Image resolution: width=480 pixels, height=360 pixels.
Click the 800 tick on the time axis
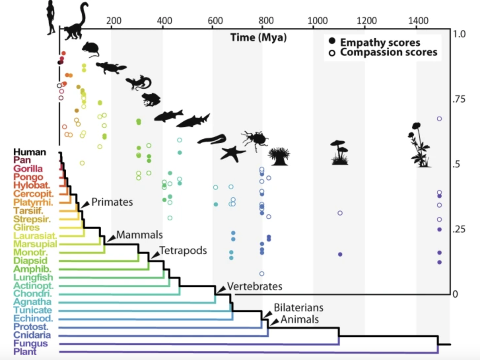coord(266,20)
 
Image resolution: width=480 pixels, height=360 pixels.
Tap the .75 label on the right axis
coord(459,99)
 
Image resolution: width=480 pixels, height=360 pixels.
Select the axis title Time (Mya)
coord(258,37)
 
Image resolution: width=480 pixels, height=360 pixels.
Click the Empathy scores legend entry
coord(380,42)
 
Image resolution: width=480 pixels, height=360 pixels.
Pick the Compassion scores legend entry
coord(388,52)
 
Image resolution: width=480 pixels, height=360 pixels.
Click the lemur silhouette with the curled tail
coord(77,23)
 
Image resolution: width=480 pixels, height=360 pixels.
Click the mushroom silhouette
coord(339,153)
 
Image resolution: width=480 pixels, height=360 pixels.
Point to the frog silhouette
coord(151,99)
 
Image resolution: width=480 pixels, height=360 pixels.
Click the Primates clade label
coord(112,202)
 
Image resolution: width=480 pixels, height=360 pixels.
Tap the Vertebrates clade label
coord(255,286)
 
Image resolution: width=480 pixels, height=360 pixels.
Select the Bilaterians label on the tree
coord(298,307)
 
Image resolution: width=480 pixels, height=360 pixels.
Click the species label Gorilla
coord(28,168)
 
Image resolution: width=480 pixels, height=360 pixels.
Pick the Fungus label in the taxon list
coord(30,343)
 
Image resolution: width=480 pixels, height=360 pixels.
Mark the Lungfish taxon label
coord(33,277)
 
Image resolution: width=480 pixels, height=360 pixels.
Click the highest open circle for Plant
coord(439,119)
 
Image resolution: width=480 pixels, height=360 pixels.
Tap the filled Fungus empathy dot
coord(340,254)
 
